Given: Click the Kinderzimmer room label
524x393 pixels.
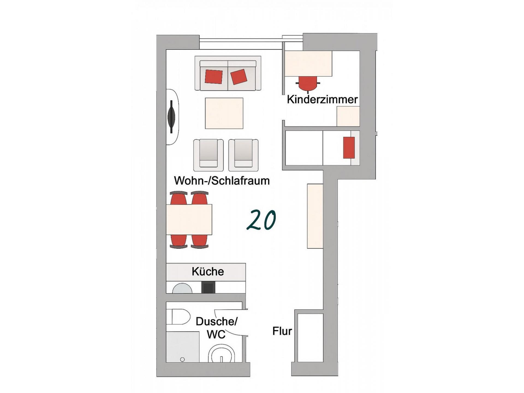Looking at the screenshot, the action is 322,100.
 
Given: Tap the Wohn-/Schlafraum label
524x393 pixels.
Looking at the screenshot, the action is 222,181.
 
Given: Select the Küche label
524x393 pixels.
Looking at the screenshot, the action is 208,272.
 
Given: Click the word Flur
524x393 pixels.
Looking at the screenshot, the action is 282,331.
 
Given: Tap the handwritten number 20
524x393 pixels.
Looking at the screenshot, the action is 261,219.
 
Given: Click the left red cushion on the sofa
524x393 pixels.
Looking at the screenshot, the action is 214,77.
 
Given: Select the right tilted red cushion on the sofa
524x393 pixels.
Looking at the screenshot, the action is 239,77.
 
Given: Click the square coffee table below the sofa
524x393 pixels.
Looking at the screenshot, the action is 224,113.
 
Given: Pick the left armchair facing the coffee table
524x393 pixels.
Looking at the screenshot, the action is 209,155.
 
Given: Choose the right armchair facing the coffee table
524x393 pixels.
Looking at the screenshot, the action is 243,155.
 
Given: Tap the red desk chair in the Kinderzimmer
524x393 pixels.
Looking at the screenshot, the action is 308,83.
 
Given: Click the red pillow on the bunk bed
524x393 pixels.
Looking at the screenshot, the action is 349,148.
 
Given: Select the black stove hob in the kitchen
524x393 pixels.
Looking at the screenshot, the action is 208,287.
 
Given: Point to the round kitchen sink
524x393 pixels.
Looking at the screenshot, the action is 182,288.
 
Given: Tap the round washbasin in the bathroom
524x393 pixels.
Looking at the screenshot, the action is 222,354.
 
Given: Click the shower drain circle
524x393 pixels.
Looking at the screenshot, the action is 183,359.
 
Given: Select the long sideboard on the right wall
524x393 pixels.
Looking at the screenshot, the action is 315,216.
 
